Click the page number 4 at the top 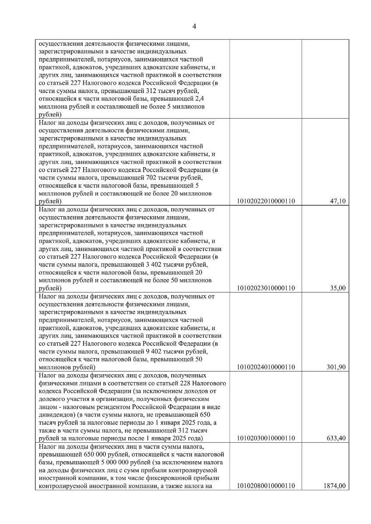coord(194,27)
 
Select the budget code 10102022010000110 coord(266,201)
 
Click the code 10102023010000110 coord(266,288)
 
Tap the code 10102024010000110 coord(266,367)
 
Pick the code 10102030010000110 coord(266,438)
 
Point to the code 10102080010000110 coord(266,486)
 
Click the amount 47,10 coord(337,201)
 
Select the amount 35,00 coord(337,288)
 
